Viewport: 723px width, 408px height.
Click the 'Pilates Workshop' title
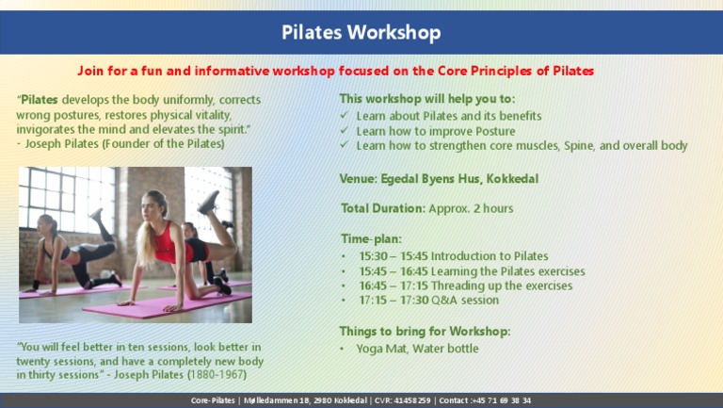(x=361, y=33)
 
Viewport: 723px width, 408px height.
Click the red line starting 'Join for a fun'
(x=335, y=71)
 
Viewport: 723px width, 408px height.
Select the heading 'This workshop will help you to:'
(x=426, y=99)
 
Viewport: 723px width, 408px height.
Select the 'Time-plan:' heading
(x=371, y=239)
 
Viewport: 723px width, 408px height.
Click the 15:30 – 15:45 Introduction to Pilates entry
(x=453, y=255)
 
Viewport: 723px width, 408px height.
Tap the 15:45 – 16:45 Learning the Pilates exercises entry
(x=472, y=270)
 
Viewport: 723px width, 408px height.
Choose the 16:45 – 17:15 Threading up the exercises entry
(x=465, y=286)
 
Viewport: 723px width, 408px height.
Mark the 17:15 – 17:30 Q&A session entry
(x=428, y=300)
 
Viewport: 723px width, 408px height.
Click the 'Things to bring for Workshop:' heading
(x=425, y=331)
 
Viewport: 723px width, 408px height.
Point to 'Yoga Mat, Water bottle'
(x=417, y=348)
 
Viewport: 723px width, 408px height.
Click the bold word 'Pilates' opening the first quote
(x=42, y=100)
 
